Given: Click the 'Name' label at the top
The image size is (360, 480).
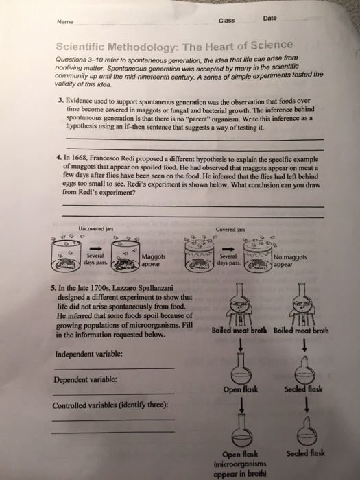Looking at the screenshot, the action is [x=65, y=22].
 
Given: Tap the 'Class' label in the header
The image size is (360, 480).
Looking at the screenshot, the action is [x=226, y=21].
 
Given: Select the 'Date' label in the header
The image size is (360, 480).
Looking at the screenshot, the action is [x=269, y=18].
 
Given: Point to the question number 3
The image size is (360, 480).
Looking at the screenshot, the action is [x=60, y=100].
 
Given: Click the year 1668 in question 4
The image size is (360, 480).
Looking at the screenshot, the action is [x=80, y=158].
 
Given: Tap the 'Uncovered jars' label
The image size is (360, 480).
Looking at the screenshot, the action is [x=96, y=228].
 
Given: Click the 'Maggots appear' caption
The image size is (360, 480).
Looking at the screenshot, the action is [x=154, y=260].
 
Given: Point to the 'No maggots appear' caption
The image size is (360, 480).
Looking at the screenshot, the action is [x=290, y=261].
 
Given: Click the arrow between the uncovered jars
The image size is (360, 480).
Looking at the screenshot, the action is [x=95, y=248].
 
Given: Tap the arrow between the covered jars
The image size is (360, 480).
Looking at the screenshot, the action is [x=228, y=248].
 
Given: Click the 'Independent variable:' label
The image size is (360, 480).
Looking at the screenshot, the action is [x=88, y=355].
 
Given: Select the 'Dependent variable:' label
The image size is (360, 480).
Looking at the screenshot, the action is [x=85, y=380].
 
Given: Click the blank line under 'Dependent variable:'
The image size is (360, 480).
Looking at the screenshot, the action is [x=113, y=394].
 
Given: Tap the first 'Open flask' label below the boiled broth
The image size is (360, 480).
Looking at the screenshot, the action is [x=241, y=389].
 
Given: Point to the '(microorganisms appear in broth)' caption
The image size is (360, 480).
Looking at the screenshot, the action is [x=240, y=468].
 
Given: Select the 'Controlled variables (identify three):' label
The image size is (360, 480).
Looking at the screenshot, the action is [x=110, y=405].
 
